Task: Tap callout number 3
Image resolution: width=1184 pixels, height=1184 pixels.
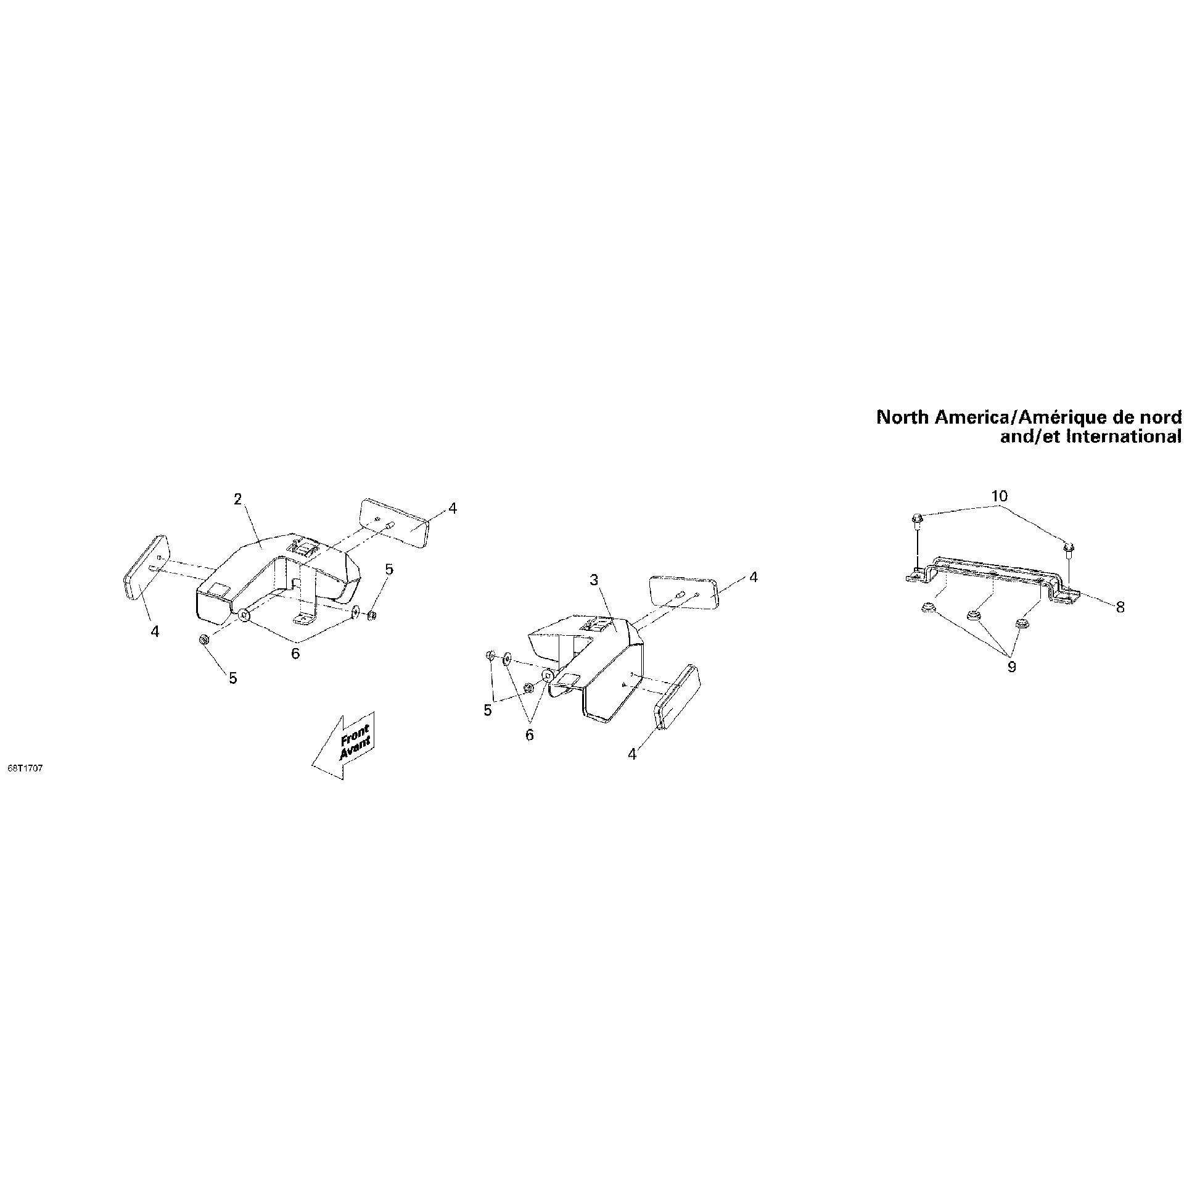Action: [594, 580]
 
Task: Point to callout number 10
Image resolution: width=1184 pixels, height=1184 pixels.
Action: [999, 496]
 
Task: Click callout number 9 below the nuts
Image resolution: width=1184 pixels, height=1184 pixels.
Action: [1011, 667]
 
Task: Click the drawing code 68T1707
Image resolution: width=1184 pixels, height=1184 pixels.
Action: [25, 769]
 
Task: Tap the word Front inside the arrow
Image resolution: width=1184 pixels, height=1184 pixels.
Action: [355, 734]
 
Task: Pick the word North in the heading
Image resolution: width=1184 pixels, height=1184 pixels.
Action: [903, 417]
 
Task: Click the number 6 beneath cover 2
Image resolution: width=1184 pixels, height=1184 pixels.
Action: [295, 653]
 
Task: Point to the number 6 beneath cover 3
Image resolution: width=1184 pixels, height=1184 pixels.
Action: [529, 734]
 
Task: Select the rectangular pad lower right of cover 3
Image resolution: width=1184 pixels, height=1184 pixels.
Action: [676, 697]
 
